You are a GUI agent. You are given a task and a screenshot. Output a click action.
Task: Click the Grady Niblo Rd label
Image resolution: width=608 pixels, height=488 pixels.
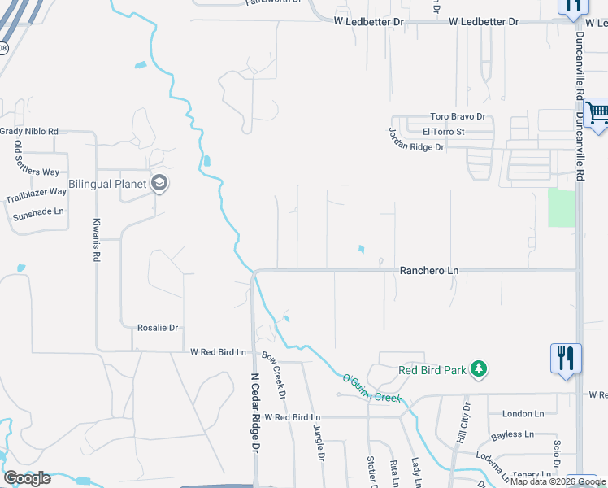pyautogui.click(x=29, y=131)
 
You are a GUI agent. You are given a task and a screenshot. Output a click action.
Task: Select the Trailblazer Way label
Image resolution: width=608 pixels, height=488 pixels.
pyautogui.click(x=36, y=195)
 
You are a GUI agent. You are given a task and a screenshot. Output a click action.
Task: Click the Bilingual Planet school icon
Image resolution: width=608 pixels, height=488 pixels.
pyautogui.click(x=160, y=183)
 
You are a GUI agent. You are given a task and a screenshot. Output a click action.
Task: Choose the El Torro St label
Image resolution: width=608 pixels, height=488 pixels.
pyautogui.click(x=443, y=131)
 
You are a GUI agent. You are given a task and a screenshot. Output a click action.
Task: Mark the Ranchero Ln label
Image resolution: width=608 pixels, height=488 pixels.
pyautogui.click(x=428, y=270)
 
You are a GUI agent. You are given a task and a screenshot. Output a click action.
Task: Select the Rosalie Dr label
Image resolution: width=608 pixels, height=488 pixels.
pyautogui.click(x=157, y=328)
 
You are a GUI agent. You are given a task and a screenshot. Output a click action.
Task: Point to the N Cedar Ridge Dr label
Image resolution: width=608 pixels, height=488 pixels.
pyautogui.click(x=254, y=412)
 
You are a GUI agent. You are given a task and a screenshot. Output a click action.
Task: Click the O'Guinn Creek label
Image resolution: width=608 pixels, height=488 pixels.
pyautogui.click(x=371, y=388)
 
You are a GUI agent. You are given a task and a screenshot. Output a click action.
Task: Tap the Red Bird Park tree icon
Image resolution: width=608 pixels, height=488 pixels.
pyautogui.click(x=480, y=370)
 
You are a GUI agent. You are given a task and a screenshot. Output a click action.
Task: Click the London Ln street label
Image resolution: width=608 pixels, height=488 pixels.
pyautogui.click(x=523, y=414)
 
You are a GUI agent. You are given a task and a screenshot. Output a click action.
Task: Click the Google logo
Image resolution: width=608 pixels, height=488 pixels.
pyautogui.click(x=27, y=478)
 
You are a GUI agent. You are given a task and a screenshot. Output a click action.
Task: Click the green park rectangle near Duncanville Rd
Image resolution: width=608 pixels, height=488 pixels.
pyautogui.click(x=561, y=208)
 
